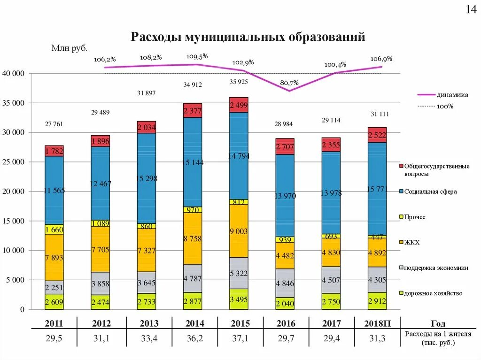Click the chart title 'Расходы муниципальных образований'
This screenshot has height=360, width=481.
(248, 37)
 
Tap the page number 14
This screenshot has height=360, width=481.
(471, 10)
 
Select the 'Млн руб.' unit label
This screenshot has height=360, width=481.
(70, 48)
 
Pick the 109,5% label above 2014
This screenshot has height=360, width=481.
(197, 56)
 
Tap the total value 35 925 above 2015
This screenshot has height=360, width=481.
(239, 82)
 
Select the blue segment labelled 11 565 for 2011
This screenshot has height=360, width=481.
(54, 190)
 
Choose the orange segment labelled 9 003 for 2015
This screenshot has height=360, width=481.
(239, 231)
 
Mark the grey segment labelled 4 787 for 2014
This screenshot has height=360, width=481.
(193, 278)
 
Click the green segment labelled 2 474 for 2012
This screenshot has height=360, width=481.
(100, 302)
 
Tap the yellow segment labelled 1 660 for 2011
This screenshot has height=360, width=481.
(54, 230)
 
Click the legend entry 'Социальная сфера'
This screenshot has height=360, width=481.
(430, 191)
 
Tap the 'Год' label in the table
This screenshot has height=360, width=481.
(438, 323)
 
